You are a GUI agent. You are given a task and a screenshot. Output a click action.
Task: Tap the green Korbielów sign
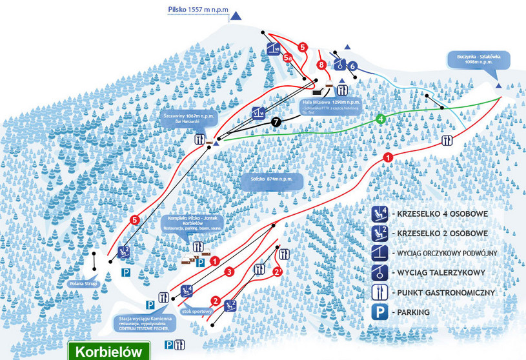[x=109, y=352]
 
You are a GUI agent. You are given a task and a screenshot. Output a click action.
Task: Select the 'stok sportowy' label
[x=197, y=311]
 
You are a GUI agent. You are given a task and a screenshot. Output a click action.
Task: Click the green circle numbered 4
[x=381, y=119]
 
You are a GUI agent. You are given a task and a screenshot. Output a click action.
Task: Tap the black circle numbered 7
[x=276, y=121]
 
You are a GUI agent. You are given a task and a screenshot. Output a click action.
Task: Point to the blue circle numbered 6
[x=352, y=65]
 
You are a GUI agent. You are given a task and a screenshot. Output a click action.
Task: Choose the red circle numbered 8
[x=321, y=64]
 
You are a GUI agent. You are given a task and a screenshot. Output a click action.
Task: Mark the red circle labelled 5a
[x=288, y=57]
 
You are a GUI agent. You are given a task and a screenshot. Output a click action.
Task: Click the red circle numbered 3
[x=228, y=272]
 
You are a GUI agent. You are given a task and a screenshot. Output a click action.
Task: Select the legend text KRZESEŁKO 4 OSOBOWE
[x=443, y=214]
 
